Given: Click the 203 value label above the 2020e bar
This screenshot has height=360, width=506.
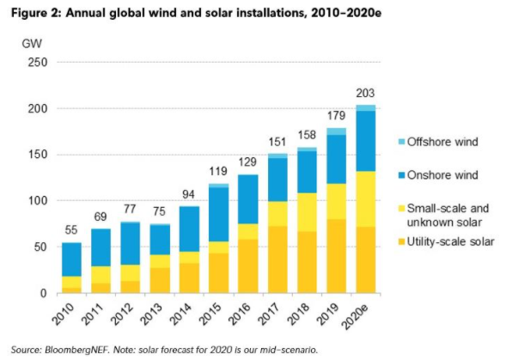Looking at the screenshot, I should click(366, 93).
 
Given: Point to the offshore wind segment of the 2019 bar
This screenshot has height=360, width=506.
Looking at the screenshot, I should click(335, 131).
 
